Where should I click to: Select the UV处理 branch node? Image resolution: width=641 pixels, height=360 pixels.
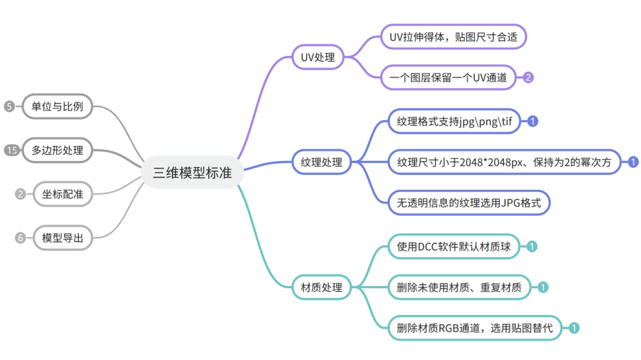tap(318, 58)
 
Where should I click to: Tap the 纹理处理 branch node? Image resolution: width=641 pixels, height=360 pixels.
tap(321, 161)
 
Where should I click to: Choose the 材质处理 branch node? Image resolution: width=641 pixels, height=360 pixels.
tap(321, 288)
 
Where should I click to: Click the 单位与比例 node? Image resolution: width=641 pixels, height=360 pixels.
tap(58, 107)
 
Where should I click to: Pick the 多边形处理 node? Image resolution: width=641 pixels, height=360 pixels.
tap(58, 150)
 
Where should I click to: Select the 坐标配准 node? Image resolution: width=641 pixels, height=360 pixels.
tap(62, 193)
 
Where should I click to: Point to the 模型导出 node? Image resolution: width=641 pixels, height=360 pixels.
tap(62, 238)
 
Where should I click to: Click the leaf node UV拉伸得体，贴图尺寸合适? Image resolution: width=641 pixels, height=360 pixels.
tap(453, 37)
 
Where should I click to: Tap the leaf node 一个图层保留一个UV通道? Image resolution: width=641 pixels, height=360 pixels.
tap(448, 77)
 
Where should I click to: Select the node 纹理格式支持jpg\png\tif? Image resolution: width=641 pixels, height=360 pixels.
tap(454, 122)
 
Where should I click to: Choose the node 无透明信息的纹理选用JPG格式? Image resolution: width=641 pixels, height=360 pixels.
tap(469, 202)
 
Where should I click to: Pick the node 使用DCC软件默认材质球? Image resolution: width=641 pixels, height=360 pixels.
tap(454, 246)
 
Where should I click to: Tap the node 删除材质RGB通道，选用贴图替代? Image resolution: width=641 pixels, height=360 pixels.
tap(475, 328)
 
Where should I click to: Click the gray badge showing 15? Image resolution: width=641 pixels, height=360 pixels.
tap(11, 150)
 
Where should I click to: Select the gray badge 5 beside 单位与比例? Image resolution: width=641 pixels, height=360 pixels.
tap(9, 107)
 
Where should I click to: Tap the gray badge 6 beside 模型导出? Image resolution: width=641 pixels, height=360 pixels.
tap(21, 238)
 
